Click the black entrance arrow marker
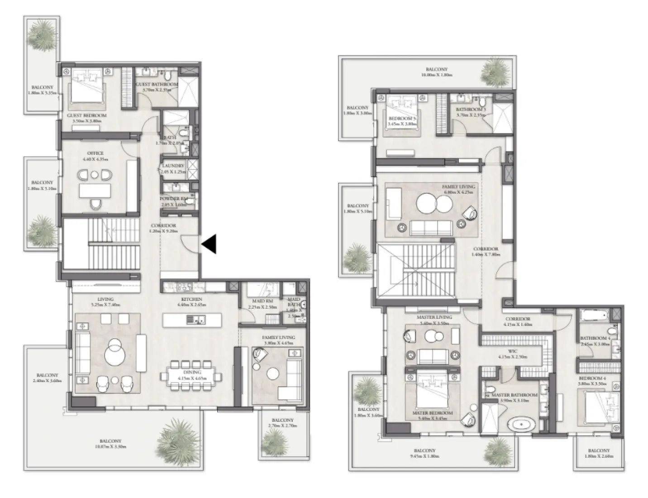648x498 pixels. pyautogui.click(x=209, y=244)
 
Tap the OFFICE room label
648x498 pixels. pyautogui.click(x=95, y=153)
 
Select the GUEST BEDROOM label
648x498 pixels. pyautogui.click(x=86, y=116)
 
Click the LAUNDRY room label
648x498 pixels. pyautogui.click(x=173, y=166)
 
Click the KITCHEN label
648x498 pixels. pyautogui.click(x=190, y=299)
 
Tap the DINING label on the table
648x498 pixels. pyautogui.click(x=192, y=372)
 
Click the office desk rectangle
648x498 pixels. pyautogui.click(x=95, y=191)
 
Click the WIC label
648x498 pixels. pyautogui.click(x=513, y=351)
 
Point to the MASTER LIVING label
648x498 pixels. pyautogui.click(x=434, y=318)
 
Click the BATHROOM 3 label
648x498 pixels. pyautogui.click(x=471, y=110)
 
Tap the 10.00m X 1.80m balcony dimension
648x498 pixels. pyautogui.click(x=436, y=75)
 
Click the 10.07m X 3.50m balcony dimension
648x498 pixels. pyautogui.click(x=110, y=446)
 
